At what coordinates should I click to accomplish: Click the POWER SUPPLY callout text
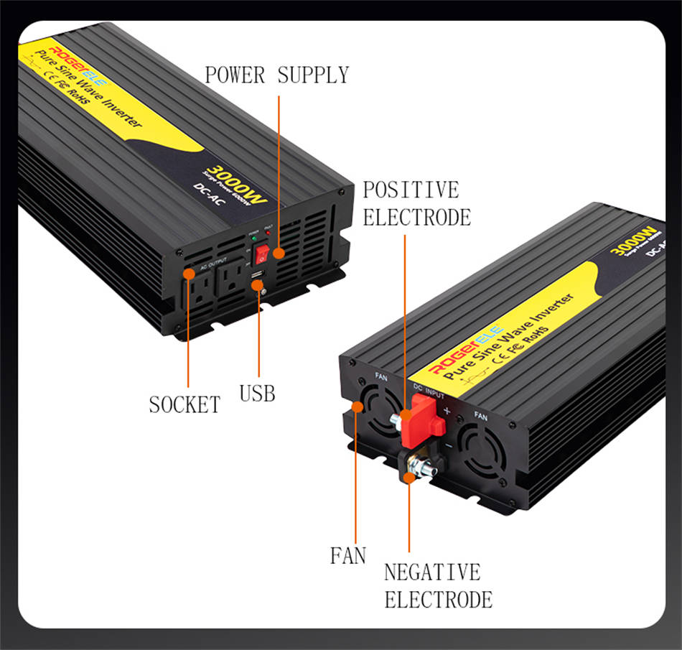point(276,75)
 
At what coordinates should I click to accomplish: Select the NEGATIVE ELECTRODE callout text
point(438,586)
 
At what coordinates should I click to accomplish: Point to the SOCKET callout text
point(184,404)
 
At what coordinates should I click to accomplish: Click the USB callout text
point(257,393)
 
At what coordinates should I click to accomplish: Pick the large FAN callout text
point(348,555)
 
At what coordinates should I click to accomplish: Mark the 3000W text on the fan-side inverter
point(634,240)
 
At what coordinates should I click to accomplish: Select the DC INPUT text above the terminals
point(429,391)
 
